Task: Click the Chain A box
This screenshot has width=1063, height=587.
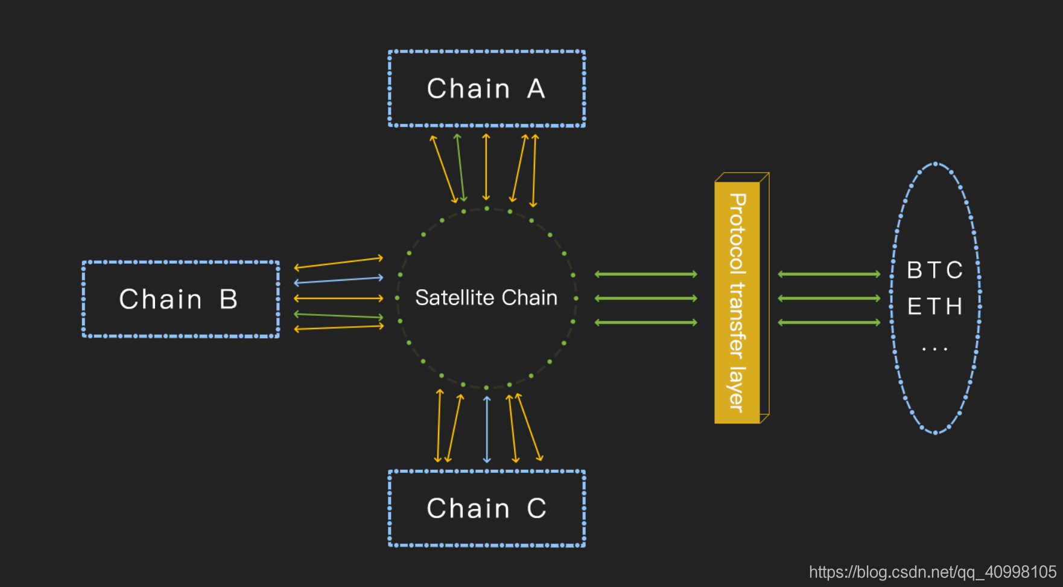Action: (x=486, y=89)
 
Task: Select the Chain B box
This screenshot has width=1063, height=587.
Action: (x=180, y=299)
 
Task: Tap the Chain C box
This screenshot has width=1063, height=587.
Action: (x=486, y=508)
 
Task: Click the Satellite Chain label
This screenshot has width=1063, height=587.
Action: (x=486, y=298)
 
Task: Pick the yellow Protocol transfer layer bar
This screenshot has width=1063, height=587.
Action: (x=737, y=302)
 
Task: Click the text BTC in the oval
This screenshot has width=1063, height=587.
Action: (x=934, y=270)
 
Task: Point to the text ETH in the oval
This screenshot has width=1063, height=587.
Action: (x=934, y=307)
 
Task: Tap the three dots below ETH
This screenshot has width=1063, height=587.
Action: (x=934, y=349)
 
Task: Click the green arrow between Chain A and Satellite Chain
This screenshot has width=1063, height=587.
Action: (x=460, y=168)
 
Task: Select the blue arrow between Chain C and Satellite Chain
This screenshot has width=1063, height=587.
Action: (x=487, y=429)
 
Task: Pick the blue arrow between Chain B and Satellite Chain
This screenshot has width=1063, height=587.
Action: (x=338, y=280)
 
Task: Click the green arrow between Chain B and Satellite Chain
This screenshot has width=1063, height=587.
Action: (x=338, y=315)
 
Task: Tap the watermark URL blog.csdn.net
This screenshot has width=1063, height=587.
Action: (x=932, y=572)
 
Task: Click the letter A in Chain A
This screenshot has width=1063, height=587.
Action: (x=536, y=89)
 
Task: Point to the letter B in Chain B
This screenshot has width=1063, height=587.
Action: (x=229, y=300)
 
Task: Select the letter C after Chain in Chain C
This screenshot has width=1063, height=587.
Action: (x=536, y=508)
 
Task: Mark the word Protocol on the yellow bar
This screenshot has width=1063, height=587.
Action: (x=737, y=233)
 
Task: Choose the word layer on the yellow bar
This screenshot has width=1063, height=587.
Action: (x=737, y=389)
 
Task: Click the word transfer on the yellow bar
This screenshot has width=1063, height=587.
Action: (x=737, y=320)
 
